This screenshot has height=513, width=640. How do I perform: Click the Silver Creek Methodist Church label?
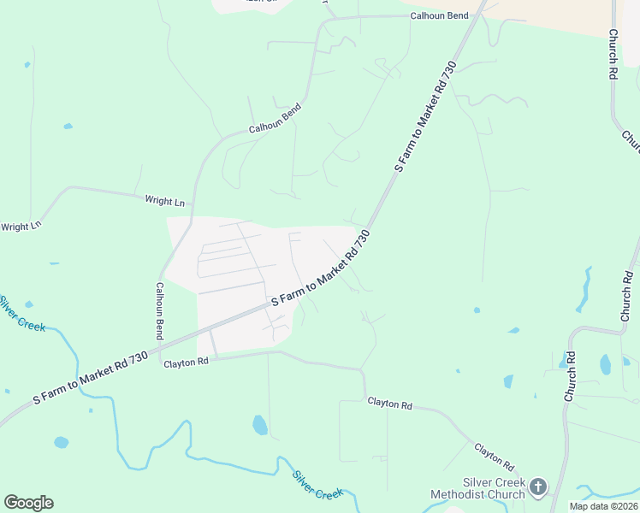pos(481,488)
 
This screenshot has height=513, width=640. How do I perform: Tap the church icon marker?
pos(537,487)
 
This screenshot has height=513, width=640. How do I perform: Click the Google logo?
pos(28,503)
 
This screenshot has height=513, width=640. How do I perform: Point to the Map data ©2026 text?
pos(602,506)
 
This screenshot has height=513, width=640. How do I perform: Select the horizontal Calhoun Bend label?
pos(439,16)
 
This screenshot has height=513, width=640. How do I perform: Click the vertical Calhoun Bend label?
pos(159,312)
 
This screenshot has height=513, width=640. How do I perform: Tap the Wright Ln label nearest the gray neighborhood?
pos(165,202)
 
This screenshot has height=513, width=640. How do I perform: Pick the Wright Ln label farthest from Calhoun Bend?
pos(21,227)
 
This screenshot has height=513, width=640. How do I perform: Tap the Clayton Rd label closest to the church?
pos(495,457)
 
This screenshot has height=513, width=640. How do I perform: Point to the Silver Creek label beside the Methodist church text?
pos(317,485)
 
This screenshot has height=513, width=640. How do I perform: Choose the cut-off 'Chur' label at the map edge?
pos(631,140)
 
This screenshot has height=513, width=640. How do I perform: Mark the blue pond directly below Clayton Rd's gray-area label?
pos(260,425)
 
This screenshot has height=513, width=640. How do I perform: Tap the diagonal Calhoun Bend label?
pos(276,119)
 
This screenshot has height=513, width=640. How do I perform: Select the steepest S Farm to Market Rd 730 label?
pos(426,116)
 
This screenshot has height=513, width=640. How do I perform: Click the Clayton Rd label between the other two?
pos(389,403)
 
